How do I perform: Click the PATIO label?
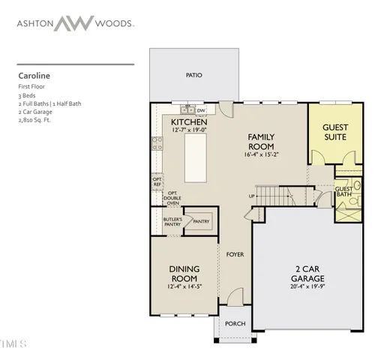[x=194, y=76]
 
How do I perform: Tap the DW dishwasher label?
[x=201, y=110]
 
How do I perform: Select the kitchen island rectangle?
[x=196, y=158]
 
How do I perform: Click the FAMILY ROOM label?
[x=262, y=141]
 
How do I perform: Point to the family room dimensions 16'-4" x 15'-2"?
[x=262, y=154]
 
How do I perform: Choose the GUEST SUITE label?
[x=335, y=133]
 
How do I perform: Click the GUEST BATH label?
[x=344, y=191]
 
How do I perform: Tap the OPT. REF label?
[x=157, y=181]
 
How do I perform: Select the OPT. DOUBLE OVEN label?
[x=173, y=197]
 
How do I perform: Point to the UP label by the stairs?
[x=251, y=196]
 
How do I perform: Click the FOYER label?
[x=235, y=255]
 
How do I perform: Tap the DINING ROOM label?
[x=183, y=274]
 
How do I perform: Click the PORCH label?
[x=235, y=324]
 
